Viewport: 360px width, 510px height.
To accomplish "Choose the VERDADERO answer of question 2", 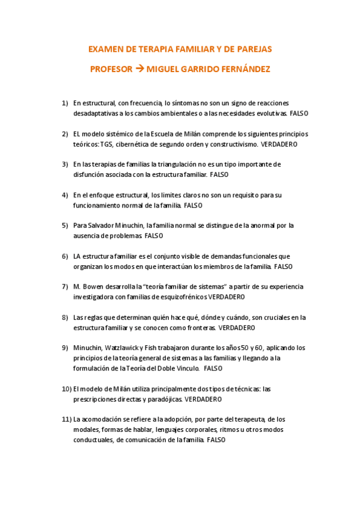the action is coord(279,144).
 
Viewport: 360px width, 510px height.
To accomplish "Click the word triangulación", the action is coord(178,164).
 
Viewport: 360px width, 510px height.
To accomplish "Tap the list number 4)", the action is coord(65,195).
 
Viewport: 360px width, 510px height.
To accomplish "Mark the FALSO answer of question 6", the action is coord(283,266).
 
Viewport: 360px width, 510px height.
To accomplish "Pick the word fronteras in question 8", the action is coord(199,328).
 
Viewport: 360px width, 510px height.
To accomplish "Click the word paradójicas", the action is coord(163,399).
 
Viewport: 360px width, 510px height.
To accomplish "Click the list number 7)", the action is coord(65,286).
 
